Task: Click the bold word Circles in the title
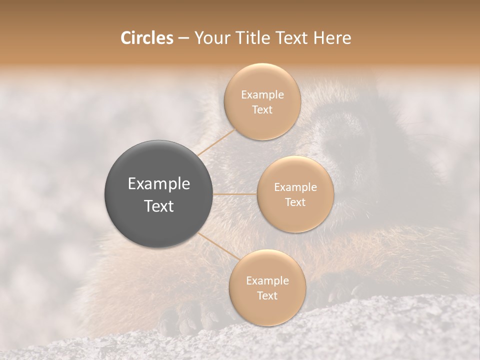pyautogui.click(x=146, y=38)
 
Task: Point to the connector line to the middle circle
pyautogui.click(x=235, y=194)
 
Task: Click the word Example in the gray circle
pyautogui.click(x=158, y=184)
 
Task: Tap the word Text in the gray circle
pyautogui.click(x=158, y=206)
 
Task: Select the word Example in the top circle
pyautogui.click(x=262, y=95)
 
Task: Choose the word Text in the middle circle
pyautogui.click(x=295, y=202)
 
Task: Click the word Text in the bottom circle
pyautogui.click(x=267, y=296)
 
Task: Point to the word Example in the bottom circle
pyautogui.click(x=267, y=281)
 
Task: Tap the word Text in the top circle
pyautogui.click(x=262, y=110)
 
